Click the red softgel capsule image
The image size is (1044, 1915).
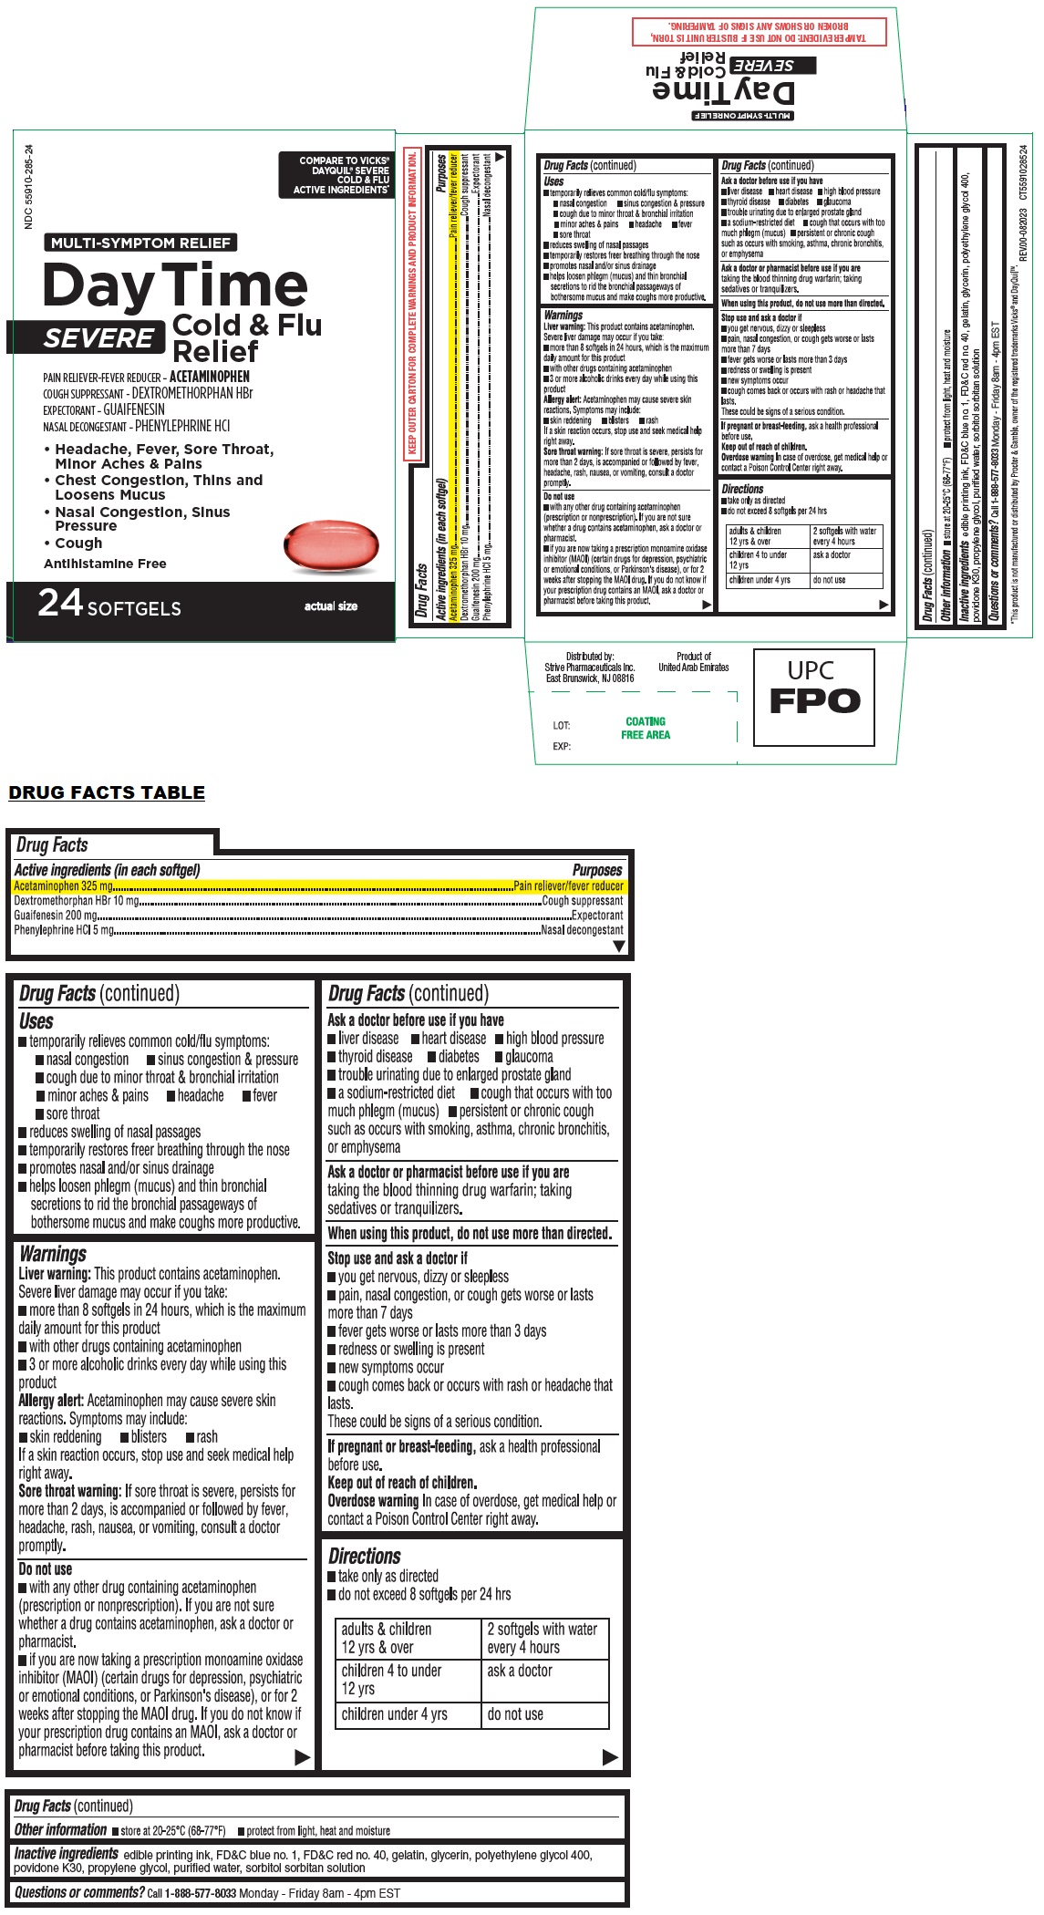(x=329, y=547)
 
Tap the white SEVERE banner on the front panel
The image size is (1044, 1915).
(x=98, y=337)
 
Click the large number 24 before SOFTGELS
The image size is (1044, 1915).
(x=60, y=604)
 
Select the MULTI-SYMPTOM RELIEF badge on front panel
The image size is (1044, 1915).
(x=140, y=243)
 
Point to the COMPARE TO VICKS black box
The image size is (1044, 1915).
(x=336, y=174)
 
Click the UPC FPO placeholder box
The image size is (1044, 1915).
(x=813, y=697)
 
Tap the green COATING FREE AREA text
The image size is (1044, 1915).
(x=646, y=728)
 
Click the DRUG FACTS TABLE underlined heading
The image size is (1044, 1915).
(x=107, y=792)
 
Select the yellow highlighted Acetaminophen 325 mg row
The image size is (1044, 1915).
(x=318, y=885)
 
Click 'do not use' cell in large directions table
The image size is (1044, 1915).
(x=515, y=1714)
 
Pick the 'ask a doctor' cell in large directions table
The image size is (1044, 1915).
(x=520, y=1671)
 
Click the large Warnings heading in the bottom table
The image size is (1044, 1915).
(x=52, y=1254)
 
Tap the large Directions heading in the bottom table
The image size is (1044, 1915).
(x=364, y=1556)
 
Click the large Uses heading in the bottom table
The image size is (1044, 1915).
(x=36, y=1021)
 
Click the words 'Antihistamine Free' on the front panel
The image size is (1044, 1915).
(x=105, y=564)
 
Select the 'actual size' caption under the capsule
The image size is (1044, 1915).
(x=331, y=606)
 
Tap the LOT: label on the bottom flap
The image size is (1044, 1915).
(x=561, y=726)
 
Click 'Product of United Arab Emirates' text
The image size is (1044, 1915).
(x=694, y=661)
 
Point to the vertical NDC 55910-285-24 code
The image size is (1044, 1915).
(x=29, y=187)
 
